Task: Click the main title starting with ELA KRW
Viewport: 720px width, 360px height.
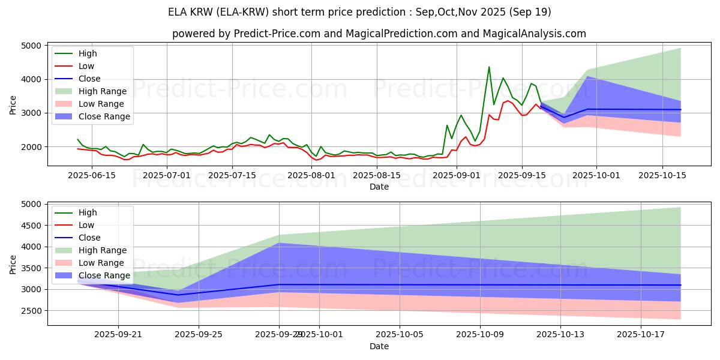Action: (360, 12)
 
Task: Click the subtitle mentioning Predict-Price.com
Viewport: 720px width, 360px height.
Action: (379, 34)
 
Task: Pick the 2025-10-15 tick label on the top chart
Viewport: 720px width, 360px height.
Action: (662, 175)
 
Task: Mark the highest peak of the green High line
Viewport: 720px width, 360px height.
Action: (489, 67)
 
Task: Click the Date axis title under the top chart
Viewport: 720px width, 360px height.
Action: (379, 187)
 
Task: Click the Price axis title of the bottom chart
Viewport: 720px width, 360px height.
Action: (13, 264)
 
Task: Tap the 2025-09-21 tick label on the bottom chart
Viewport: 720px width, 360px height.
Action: (118, 334)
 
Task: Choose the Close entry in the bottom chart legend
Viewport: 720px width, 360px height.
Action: (89, 238)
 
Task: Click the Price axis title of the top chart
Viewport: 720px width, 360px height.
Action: (13, 105)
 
